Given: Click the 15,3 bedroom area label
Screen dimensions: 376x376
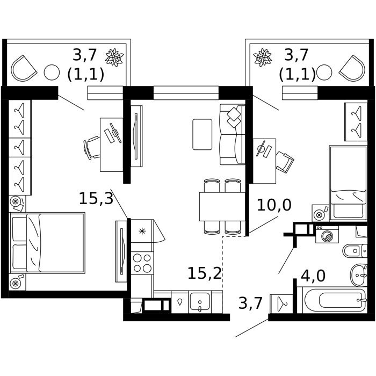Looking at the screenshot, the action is pyautogui.click(x=96, y=199).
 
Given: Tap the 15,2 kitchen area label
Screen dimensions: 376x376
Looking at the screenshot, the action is pyautogui.click(x=205, y=273).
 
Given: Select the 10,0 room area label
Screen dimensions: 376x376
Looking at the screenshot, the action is pyautogui.click(x=274, y=205).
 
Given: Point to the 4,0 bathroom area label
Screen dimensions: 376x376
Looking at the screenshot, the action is pyautogui.click(x=313, y=276).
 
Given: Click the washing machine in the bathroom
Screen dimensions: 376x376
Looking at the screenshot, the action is pyautogui.click(x=327, y=235).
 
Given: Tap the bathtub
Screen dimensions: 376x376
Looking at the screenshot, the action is pyautogui.click(x=335, y=300).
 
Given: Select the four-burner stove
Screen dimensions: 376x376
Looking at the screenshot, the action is pyautogui.click(x=142, y=263).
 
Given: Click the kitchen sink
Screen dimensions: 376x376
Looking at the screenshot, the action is pyautogui.click(x=199, y=302).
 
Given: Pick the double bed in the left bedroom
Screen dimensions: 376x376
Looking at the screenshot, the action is pyautogui.click(x=47, y=243).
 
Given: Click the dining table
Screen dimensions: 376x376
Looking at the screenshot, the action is pyautogui.click(x=222, y=206).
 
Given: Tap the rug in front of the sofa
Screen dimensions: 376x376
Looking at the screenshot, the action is pyautogui.click(x=203, y=134).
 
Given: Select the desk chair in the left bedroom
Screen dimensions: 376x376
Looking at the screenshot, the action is pyautogui.click(x=91, y=148).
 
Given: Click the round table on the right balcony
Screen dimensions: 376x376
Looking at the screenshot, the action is pyautogui.click(x=324, y=72).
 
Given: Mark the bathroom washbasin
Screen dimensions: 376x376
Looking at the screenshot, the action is pyautogui.click(x=358, y=275).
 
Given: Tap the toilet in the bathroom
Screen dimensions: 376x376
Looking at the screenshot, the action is pyautogui.click(x=355, y=251).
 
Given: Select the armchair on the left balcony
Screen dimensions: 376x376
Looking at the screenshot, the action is pyautogui.click(x=24, y=68).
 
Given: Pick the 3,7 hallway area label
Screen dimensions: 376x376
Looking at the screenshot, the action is pyautogui.click(x=250, y=303).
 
